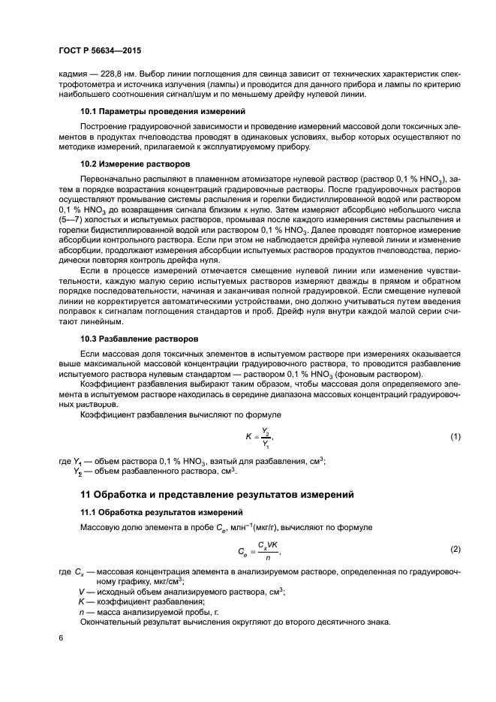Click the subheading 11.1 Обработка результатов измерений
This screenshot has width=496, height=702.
(161, 511)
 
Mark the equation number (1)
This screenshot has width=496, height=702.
(455, 436)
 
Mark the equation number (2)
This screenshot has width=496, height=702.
(455, 550)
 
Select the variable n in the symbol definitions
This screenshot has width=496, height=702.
(81, 613)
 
